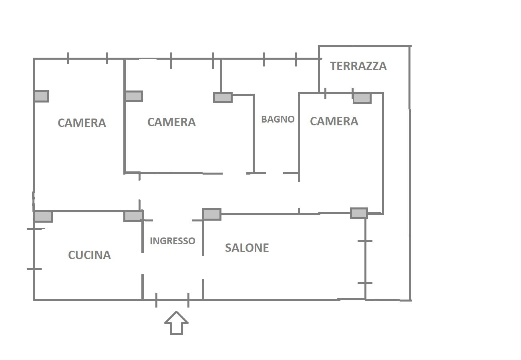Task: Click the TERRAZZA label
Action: point(358,66)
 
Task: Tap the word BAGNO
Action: point(278,119)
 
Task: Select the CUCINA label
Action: point(89,255)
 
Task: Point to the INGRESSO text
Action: point(173,241)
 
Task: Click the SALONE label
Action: point(247,247)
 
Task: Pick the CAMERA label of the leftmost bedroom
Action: point(82,123)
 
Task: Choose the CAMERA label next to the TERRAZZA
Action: point(334,121)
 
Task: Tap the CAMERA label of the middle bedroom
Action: point(171,122)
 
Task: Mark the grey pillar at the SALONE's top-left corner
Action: point(212,214)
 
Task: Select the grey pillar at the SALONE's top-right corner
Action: point(359,213)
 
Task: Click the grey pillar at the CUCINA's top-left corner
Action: point(43,216)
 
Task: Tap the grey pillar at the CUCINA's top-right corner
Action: point(133,216)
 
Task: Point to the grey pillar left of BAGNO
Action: point(223,97)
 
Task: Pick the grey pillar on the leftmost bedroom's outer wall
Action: point(41,96)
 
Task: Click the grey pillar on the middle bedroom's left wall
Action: point(134,96)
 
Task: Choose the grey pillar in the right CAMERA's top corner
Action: point(362,98)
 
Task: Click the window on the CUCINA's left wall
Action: point(34,249)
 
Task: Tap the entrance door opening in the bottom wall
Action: point(172,300)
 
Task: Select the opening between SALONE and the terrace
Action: point(365,262)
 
